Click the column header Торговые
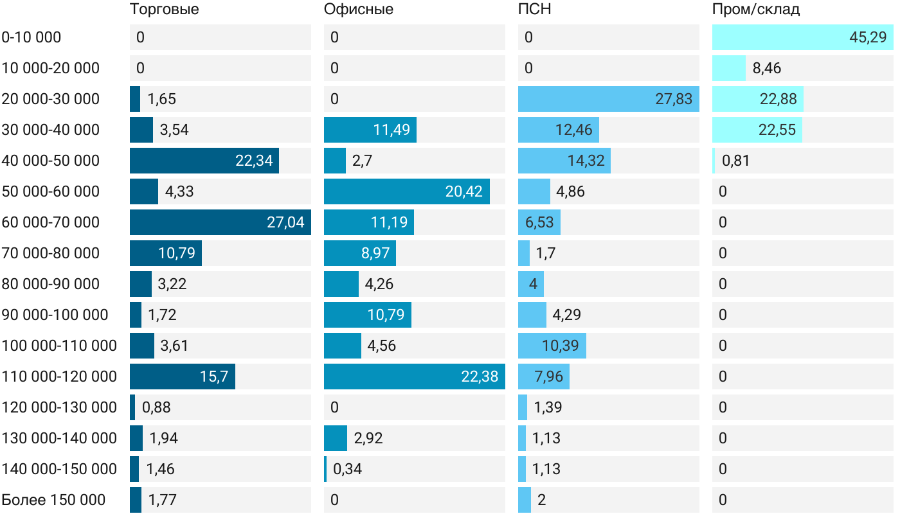pos(164,10)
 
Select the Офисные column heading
pos(359,10)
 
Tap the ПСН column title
pos(535,10)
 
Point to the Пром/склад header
pos(756,10)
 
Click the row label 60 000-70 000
pos(51,222)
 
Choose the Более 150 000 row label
pos(53,500)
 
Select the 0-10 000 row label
pos(32,37)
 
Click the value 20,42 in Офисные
pos(464,191)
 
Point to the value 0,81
pos(736,161)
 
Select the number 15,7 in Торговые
pos(214,377)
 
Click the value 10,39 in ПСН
pos(560,346)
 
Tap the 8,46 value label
pos(767,68)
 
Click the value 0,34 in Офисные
pos(347,469)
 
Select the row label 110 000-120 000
pos(59,377)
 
